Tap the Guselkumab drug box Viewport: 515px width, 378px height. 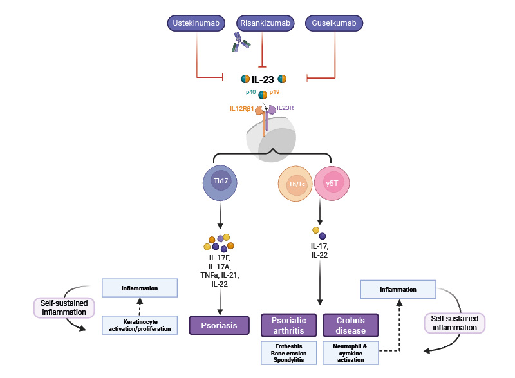click(x=333, y=24)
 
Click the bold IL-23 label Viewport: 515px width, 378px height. click(x=263, y=80)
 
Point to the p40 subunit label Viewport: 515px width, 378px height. click(x=251, y=93)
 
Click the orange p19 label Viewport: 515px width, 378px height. click(x=275, y=93)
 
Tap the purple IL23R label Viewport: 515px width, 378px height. click(x=286, y=108)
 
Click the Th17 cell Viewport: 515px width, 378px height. click(x=221, y=180)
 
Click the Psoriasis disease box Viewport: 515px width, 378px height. click(x=218, y=326)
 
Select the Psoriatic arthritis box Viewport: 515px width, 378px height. click(x=289, y=325)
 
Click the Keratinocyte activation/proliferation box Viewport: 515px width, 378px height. click(x=140, y=325)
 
